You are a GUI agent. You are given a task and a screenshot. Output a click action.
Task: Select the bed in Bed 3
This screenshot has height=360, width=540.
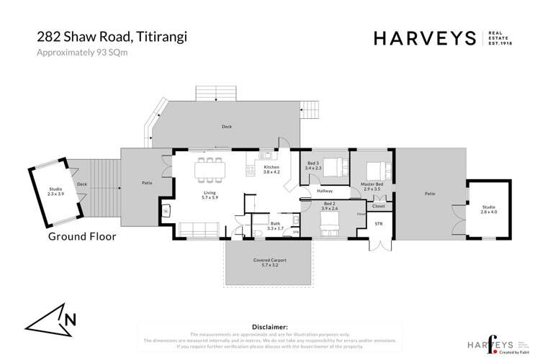click(333, 167)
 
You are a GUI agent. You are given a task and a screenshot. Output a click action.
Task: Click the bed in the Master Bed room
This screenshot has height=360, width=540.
click(376, 171)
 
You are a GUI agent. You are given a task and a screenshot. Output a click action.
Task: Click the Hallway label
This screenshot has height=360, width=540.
click(324, 191)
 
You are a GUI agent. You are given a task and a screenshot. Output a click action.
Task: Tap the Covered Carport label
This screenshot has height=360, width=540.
click(268, 261)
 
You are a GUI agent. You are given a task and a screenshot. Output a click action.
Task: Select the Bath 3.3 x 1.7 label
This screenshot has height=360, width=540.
click(275, 226)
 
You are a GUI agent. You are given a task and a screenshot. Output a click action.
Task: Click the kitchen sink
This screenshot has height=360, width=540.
click(265, 153)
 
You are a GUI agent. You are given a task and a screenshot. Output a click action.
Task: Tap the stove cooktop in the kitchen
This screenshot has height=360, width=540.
click(251, 170)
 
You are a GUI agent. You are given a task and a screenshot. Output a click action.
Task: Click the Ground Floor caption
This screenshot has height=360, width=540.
click(81, 235)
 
